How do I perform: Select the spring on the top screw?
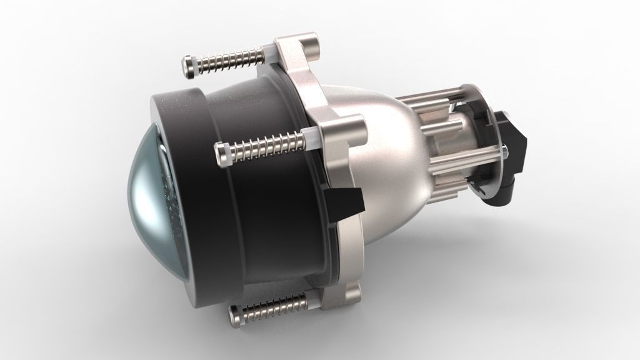click(231, 61)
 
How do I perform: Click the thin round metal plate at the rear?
click(494, 181)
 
